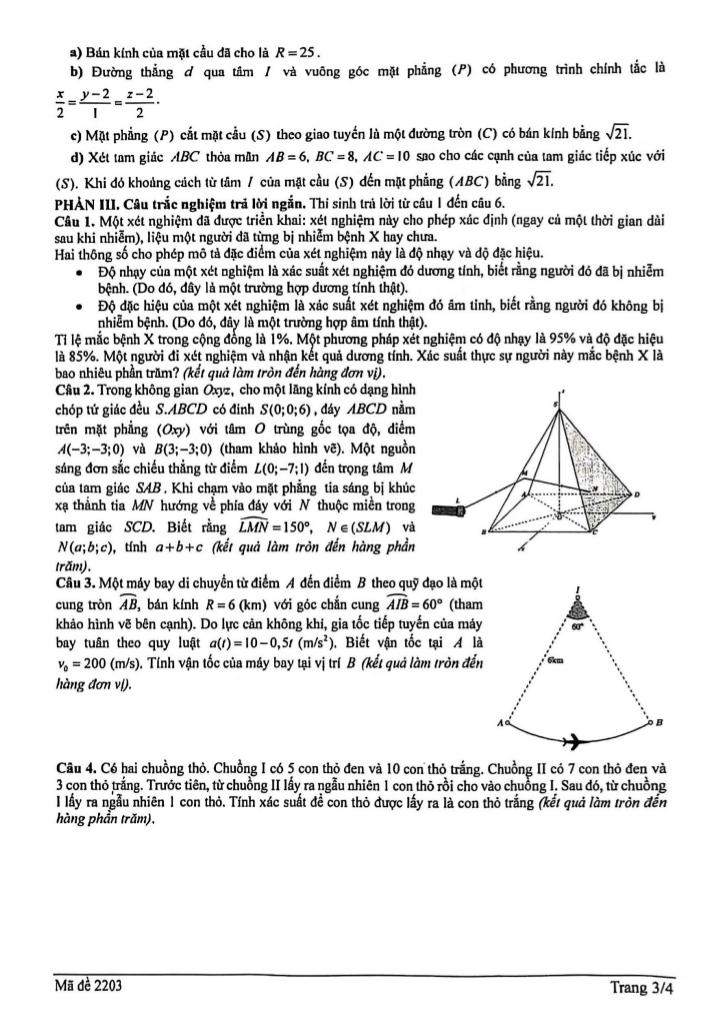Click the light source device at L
click(x=447, y=512)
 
